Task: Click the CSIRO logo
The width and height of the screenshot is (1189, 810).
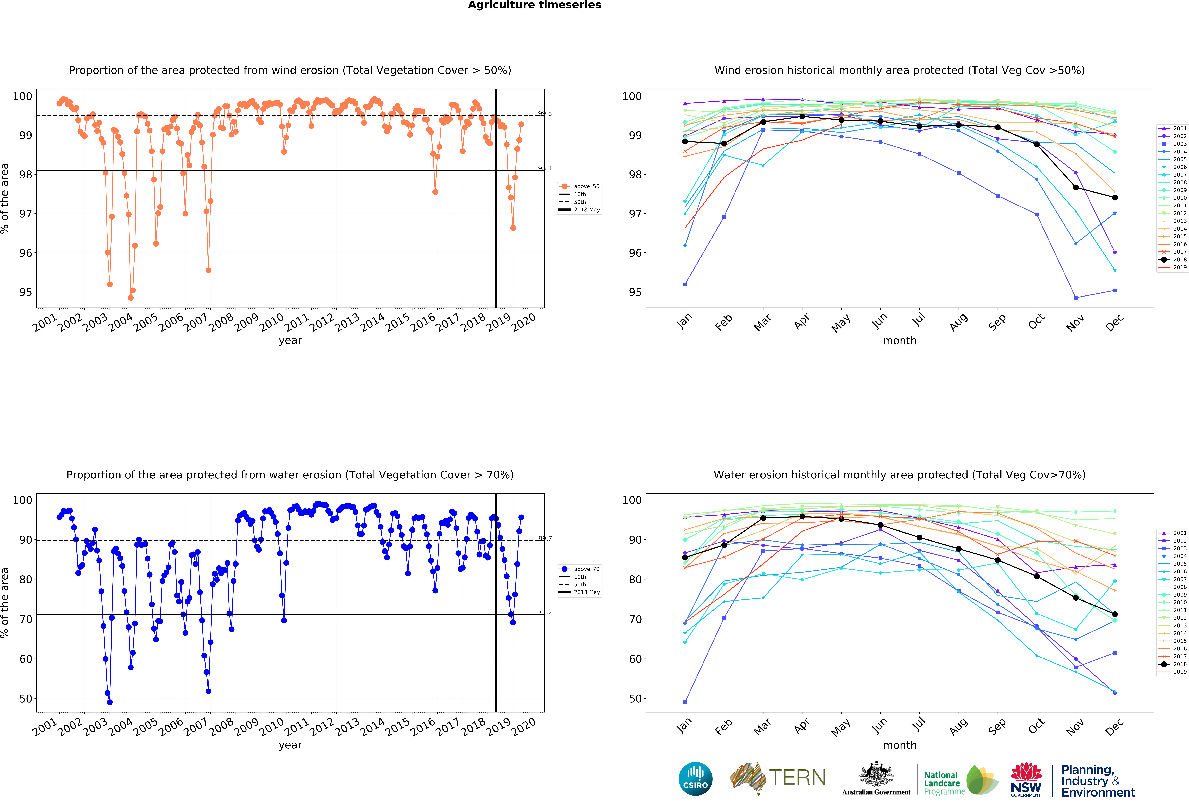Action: point(695,779)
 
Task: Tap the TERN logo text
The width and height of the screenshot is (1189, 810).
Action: point(797,778)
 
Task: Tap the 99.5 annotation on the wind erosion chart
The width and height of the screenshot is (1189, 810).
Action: point(545,114)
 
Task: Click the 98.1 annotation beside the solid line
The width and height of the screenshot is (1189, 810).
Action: point(545,168)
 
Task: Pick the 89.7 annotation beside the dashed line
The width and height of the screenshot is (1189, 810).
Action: point(545,538)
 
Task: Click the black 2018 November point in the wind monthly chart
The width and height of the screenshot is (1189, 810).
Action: point(1076,188)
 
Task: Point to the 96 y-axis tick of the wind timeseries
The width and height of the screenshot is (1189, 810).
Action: point(26,253)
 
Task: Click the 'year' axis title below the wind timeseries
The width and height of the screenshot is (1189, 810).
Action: point(290,341)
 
